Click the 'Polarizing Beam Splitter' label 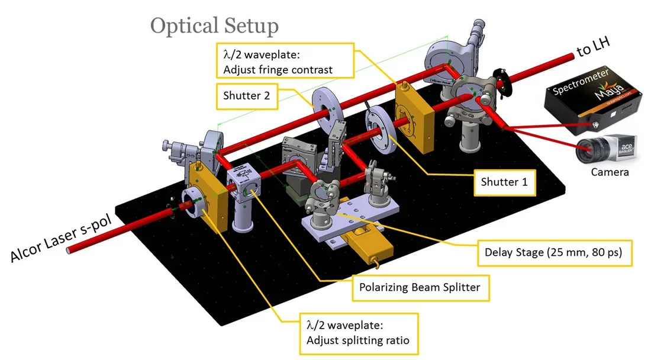click(420, 288)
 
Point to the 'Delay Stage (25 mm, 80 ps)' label click(554, 252)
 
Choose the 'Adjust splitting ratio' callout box click(357, 333)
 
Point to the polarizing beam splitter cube click(244, 186)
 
